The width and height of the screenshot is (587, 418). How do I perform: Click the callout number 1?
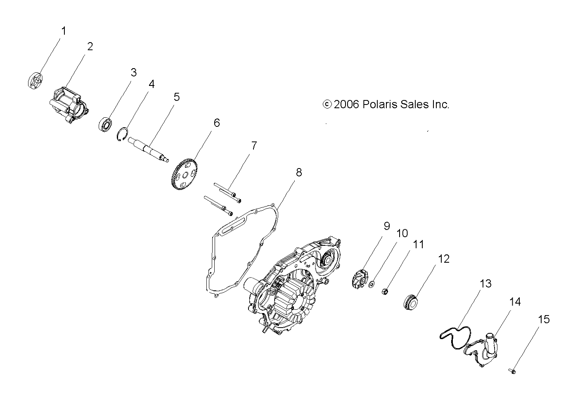click(64, 31)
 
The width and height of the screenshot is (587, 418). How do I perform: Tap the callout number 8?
click(299, 173)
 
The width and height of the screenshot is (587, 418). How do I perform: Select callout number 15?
click(544, 319)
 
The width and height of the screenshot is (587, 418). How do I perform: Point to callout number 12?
click(444, 259)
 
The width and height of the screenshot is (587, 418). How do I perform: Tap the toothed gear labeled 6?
click(185, 173)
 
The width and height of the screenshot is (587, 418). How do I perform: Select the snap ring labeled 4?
click(122, 134)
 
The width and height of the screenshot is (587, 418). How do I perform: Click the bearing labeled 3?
click(105, 125)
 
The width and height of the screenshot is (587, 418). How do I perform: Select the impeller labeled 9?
click(360, 280)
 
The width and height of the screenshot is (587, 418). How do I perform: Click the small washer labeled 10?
click(372, 284)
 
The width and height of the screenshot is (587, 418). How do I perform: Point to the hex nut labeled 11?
click(384, 291)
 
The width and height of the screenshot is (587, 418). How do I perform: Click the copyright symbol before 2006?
click(327, 104)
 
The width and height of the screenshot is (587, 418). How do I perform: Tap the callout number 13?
click(485, 283)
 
